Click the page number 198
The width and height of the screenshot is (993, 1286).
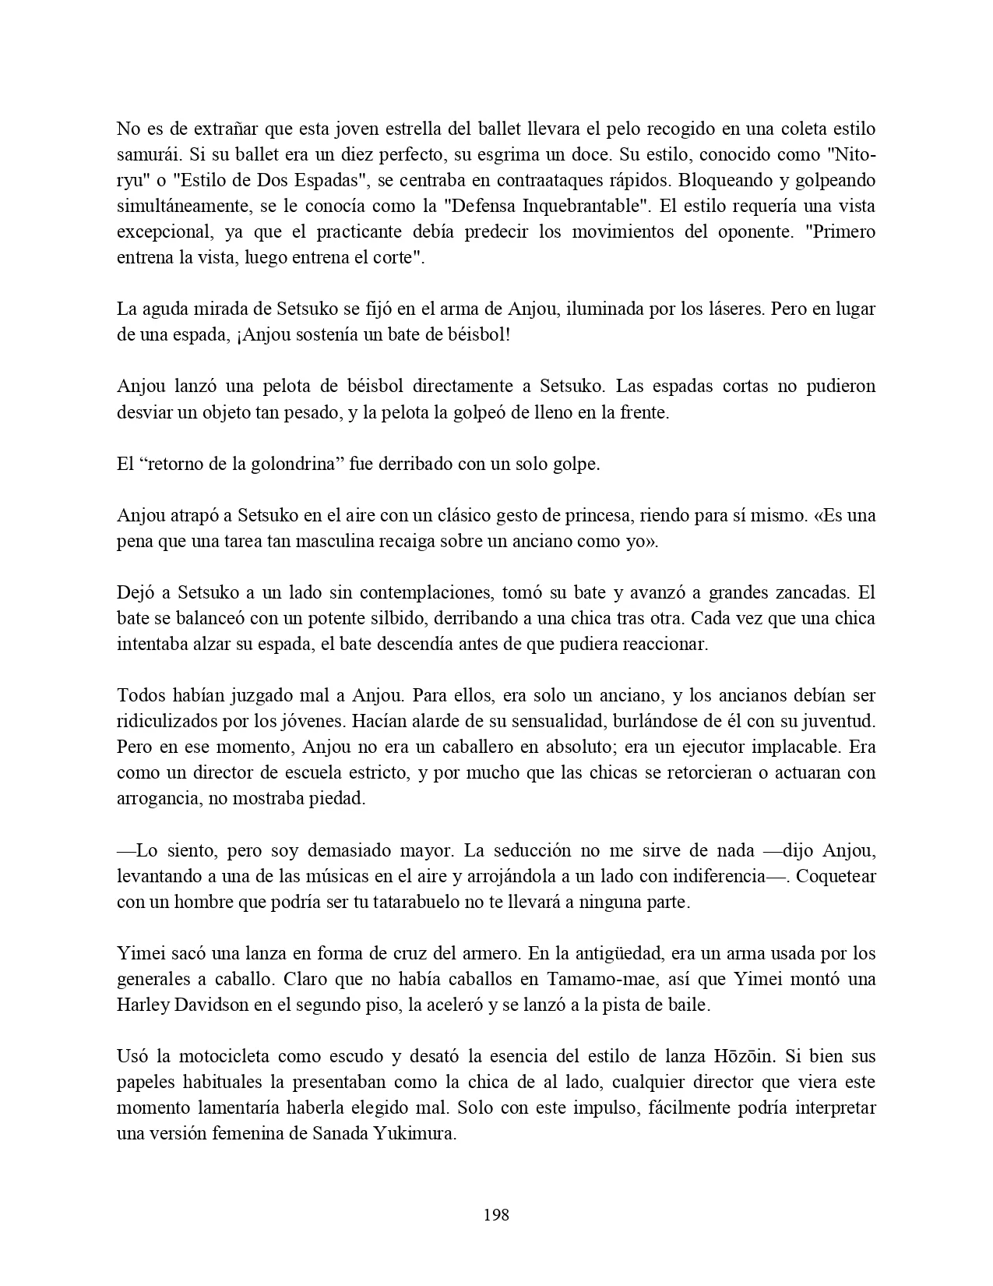496,1214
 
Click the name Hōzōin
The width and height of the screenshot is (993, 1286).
742,1057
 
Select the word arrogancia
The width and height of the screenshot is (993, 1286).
157,799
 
